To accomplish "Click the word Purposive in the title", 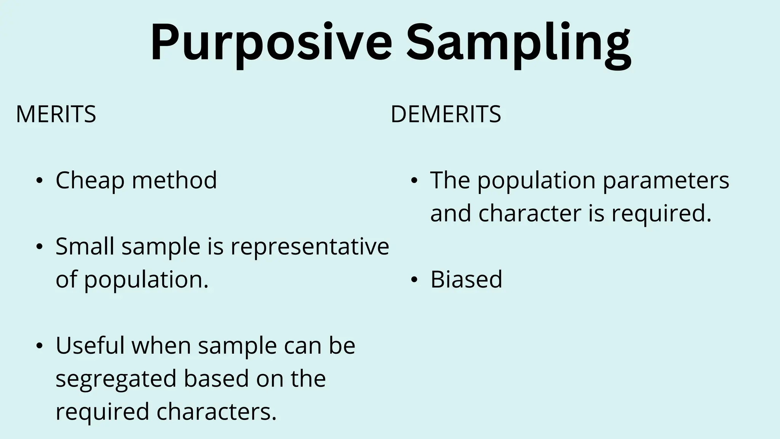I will pos(271,43).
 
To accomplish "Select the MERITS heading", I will pos(56,114).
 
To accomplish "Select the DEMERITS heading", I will pos(446,114).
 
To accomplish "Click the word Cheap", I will pos(90,180).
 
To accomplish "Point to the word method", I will pos(174,180).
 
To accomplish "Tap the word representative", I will pos(310,247).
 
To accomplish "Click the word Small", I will pos(85,247).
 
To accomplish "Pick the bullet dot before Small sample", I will pos(39,247).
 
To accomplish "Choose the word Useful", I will pos(90,346).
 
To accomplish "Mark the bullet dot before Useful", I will pos(39,346).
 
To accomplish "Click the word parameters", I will pos(666,180).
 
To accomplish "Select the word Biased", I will pos(466,279).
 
